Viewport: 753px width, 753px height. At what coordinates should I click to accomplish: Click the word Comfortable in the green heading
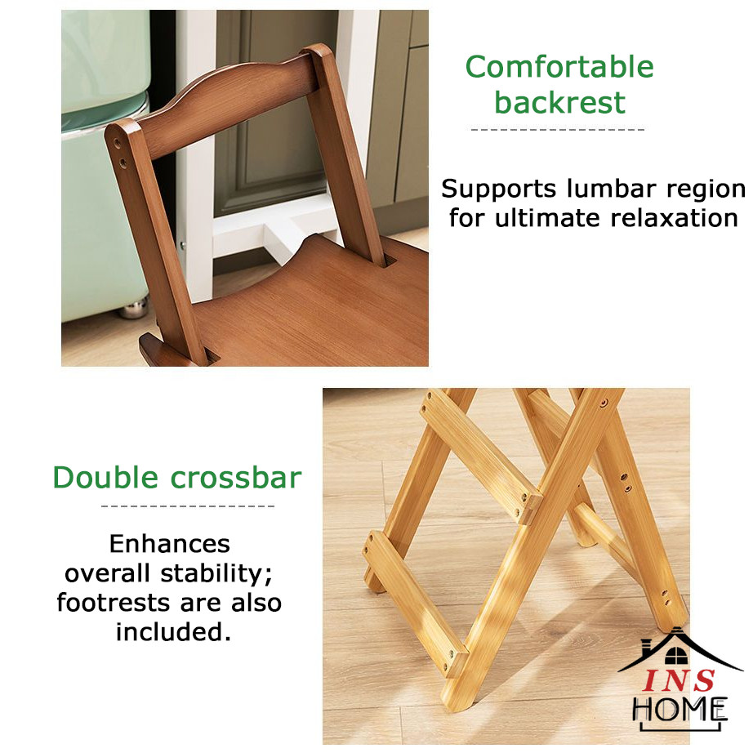[x=559, y=66]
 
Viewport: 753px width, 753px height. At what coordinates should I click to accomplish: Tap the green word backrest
[x=560, y=102]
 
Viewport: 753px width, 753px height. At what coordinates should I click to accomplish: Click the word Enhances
[x=170, y=544]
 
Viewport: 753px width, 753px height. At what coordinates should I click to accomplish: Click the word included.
[x=173, y=632]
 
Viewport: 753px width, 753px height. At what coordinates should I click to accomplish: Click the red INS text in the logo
[x=679, y=680]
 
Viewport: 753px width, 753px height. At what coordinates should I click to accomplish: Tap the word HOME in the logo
[x=679, y=709]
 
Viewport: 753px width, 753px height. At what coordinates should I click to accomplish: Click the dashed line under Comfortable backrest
[x=558, y=130]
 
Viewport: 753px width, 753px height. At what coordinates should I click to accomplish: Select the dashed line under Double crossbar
[x=188, y=506]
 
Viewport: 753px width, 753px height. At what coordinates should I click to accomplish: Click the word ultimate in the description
[x=547, y=218]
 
